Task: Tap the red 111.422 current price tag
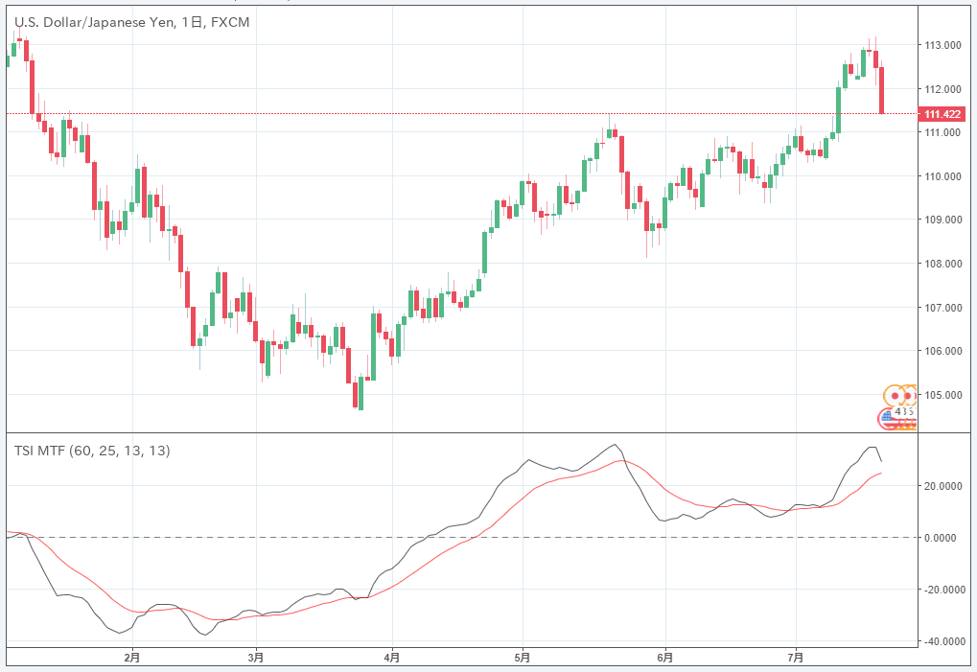tap(942, 114)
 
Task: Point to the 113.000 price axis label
tap(942, 45)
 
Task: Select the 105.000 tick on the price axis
tap(942, 394)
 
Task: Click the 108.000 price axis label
tap(942, 264)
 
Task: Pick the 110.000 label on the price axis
tap(942, 176)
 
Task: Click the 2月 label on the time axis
tap(132, 658)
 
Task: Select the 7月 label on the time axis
tap(796, 658)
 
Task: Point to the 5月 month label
tap(523, 658)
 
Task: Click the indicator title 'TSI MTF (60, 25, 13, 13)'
tap(92, 451)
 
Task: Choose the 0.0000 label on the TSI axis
tap(945, 537)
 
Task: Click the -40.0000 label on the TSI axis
tap(942, 641)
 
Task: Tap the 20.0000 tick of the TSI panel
tap(944, 485)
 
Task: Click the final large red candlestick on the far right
tap(881, 90)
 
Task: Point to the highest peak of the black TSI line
tap(615, 445)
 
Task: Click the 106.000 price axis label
tap(942, 351)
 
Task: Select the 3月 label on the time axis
tap(255, 658)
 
